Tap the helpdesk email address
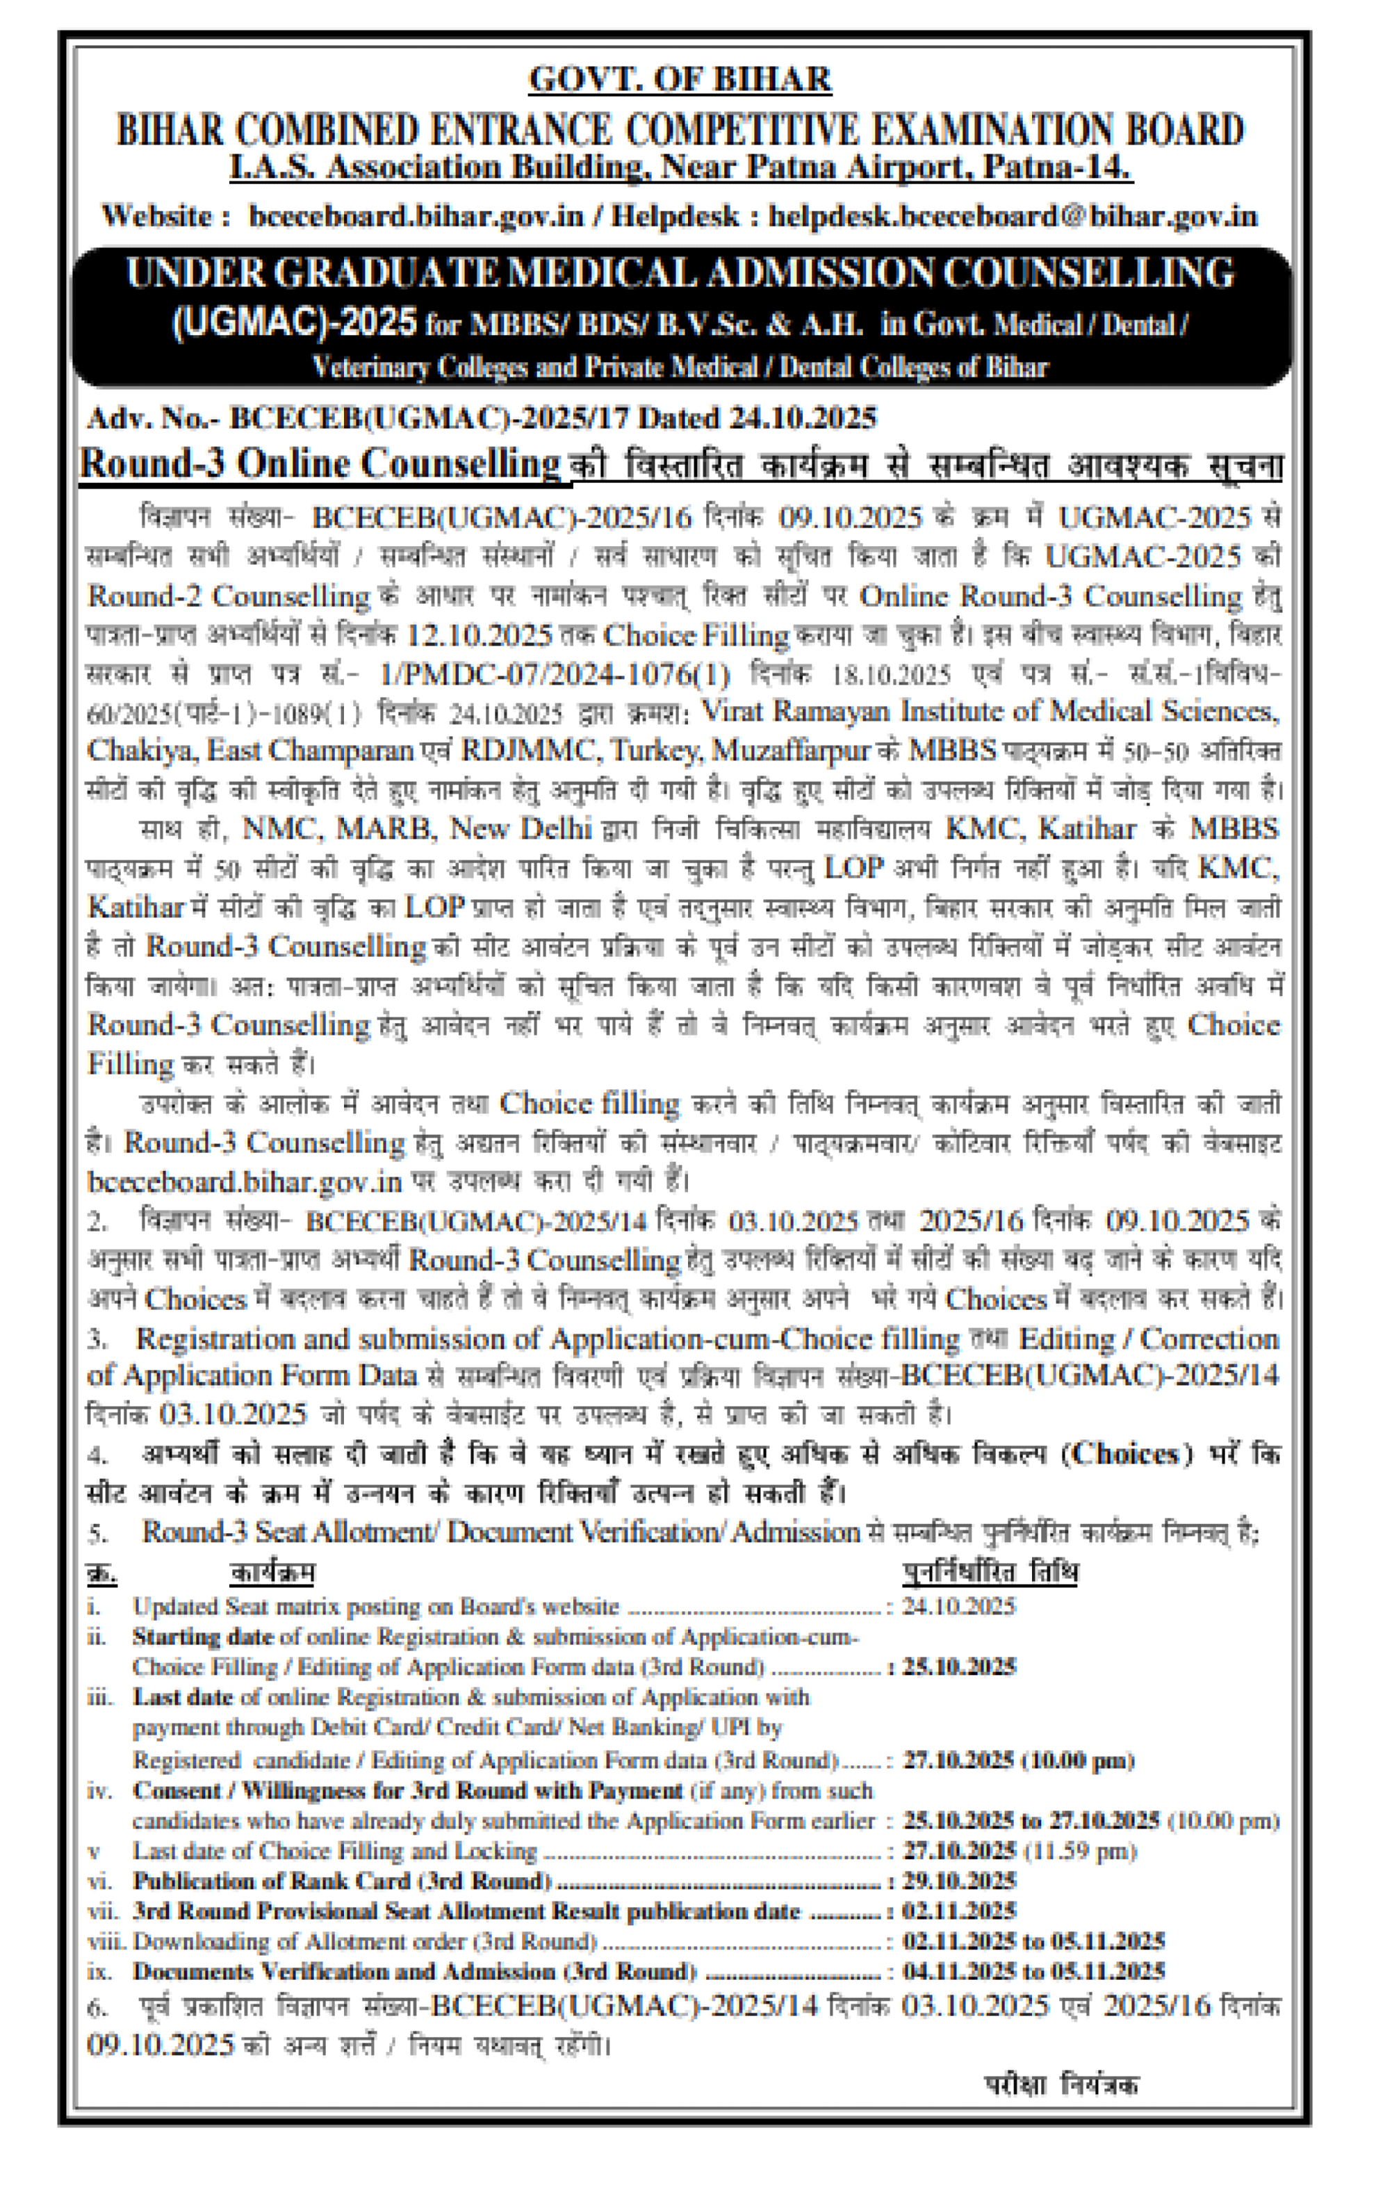click(x=1012, y=216)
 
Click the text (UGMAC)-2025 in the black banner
click(x=294, y=323)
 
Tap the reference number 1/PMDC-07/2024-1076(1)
click(x=554, y=674)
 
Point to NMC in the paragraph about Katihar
click(x=278, y=828)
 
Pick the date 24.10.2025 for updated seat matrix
click(x=958, y=1606)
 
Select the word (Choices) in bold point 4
click(x=1127, y=1454)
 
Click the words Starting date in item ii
click(x=202, y=1636)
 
